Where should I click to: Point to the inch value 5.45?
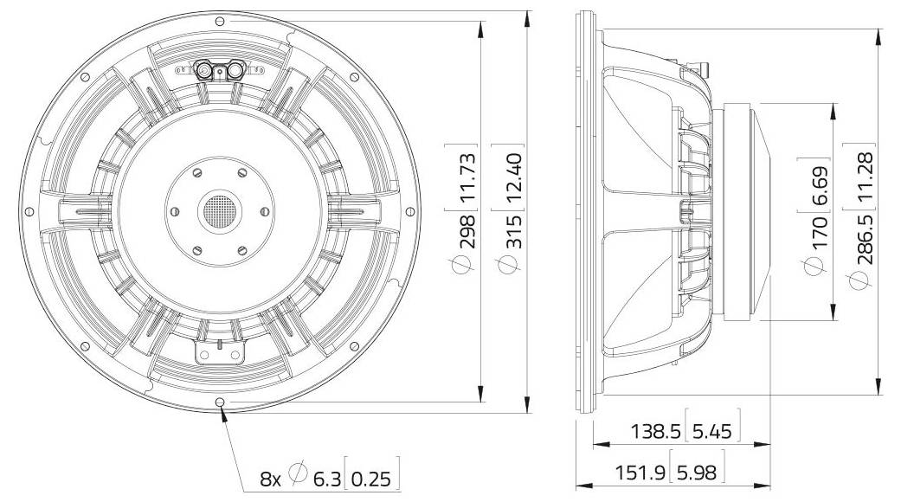[712, 430]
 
